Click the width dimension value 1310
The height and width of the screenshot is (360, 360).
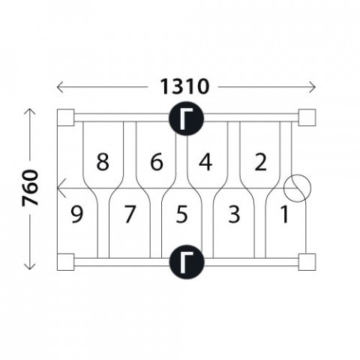tap(184, 86)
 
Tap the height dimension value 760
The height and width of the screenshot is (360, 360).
tap(30, 187)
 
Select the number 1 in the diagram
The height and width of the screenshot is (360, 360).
tap(285, 214)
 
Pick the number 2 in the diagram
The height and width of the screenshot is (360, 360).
tap(260, 162)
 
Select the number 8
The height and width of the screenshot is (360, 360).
tap(103, 162)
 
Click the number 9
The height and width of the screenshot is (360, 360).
tap(76, 214)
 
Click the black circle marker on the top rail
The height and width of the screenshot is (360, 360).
tap(187, 118)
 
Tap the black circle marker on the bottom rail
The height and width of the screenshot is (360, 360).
tap(187, 262)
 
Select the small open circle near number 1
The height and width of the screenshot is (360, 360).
tap(297, 188)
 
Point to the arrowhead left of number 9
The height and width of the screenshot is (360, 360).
tap(61, 188)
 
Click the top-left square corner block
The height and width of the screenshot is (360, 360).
tap(66, 118)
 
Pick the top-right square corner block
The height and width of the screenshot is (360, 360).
tap(307, 118)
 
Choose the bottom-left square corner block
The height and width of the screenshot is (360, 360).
tap(66, 262)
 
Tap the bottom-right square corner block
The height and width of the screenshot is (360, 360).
tap(307, 262)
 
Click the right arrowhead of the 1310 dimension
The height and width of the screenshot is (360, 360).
tap(313, 87)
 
